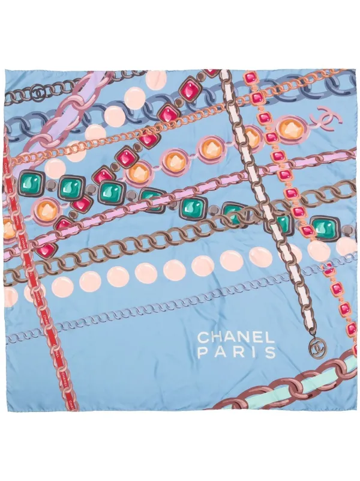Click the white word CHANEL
pos(236,336)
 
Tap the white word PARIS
pos(236,352)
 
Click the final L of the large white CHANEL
pos(270,336)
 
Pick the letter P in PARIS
pos(203,352)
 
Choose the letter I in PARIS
pos(255,352)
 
